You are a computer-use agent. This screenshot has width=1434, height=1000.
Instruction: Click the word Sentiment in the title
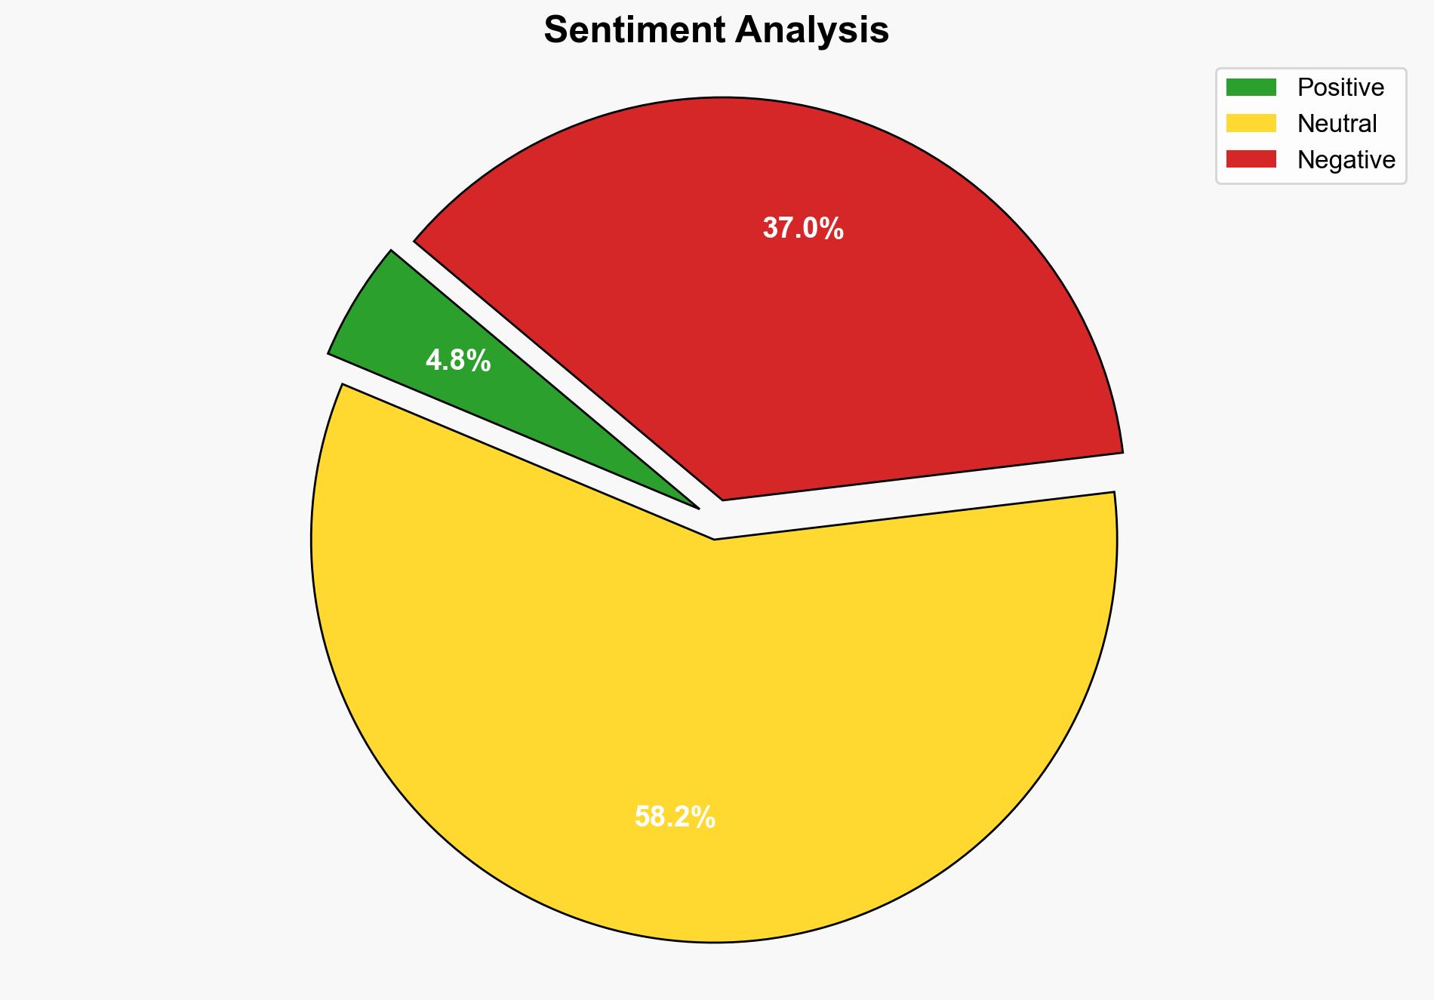click(635, 31)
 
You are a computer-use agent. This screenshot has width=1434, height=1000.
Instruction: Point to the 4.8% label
click(458, 362)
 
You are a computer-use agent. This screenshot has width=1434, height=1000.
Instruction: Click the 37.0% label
click(802, 228)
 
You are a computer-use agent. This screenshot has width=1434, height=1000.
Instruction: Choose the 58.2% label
click(675, 817)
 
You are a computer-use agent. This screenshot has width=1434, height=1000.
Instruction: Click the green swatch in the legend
click(1251, 88)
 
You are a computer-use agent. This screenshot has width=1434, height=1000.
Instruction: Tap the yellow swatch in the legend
click(1251, 123)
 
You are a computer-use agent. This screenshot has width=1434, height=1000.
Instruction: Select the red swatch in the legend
click(1251, 159)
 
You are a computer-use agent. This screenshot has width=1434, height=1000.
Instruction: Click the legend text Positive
click(1340, 88)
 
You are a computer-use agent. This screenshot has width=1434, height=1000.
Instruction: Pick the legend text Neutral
click(1337, 123)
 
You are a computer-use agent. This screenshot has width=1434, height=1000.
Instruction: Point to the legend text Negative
click(1346, 159)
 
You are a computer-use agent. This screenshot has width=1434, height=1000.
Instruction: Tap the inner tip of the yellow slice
click(715, 537)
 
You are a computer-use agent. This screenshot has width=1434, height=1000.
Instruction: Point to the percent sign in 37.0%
click(831, 228)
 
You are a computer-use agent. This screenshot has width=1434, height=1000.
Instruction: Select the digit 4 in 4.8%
click(433, 362)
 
